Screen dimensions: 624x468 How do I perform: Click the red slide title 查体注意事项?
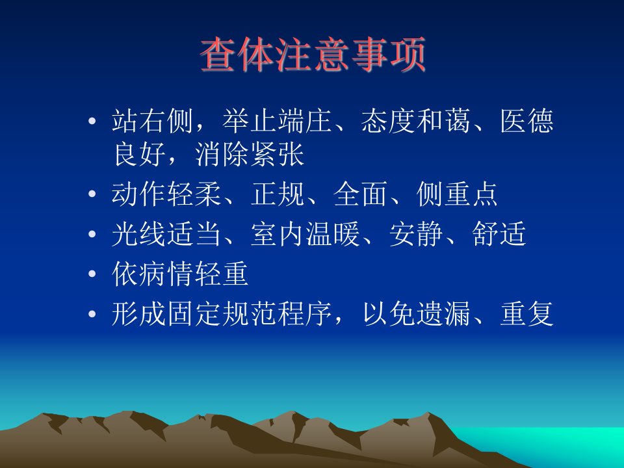tap(313, 55)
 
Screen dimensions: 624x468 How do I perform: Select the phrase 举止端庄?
tap(277, 121)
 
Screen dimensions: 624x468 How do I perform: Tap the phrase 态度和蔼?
tap(416, 121)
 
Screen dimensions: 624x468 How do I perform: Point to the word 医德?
tap(526, 121)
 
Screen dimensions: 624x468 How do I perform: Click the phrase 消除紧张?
tap(250, 155)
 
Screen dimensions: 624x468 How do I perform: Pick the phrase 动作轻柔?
tap(166, 194)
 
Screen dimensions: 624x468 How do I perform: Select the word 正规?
tap(278, 194)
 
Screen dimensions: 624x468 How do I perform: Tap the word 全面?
tap(361, 194)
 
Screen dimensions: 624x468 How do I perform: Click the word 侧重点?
tap(457, 194)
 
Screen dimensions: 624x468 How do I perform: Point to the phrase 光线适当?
tap(166, 234)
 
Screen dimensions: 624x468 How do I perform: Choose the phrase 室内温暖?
tap(305, 234)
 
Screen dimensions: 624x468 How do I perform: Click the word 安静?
tap(416, 234)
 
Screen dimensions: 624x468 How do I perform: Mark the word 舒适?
tap(499, 234)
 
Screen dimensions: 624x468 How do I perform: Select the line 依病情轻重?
tap(180, 274)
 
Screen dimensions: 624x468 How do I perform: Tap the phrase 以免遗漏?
tap(416, 313)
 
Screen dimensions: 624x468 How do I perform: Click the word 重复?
tap(526, 313)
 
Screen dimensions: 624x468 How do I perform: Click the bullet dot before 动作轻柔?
tap(92, 194)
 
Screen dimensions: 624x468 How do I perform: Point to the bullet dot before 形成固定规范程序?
tap(92, 313)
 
